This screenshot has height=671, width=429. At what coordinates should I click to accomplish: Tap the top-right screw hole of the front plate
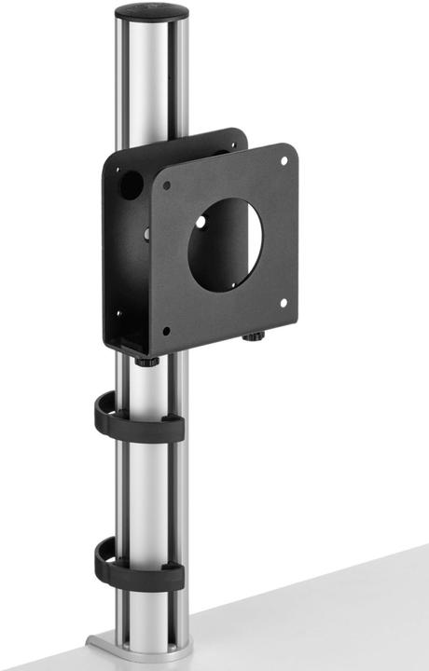(284, 160)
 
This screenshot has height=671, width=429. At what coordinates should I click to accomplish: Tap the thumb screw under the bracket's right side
(253, 335)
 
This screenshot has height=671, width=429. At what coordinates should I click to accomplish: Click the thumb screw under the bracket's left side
(145, 359)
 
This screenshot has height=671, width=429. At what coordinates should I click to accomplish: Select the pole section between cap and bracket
(151, 84)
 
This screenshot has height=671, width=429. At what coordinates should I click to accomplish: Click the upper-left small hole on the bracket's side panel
(118, 171)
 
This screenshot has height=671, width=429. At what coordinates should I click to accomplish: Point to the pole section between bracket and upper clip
(149, 382)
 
